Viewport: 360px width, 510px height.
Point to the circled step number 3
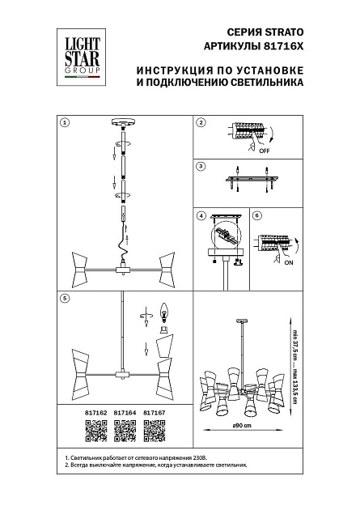click(201, 167)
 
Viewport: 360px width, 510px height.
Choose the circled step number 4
click(201, 216)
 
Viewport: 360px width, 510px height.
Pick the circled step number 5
click(66, 299)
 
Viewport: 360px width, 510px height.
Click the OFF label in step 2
click(264, 151)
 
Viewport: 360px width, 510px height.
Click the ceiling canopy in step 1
click(125, 123)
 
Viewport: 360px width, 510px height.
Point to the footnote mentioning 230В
click(130, 459)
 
